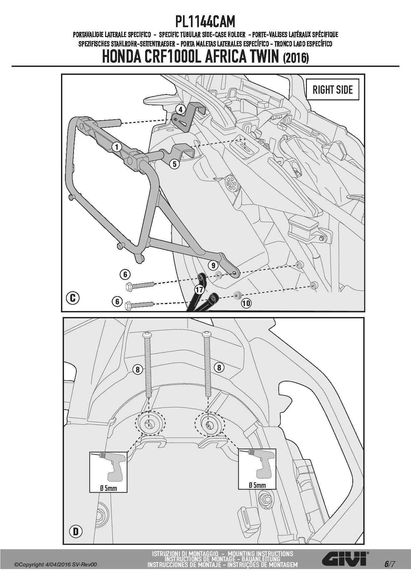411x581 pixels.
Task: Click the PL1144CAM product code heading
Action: pyautogui.click(x=205, y=22)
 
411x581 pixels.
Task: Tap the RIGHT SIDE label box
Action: pyautogui.click(x=332, y=89)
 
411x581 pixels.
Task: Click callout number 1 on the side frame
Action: pyautogui.click(x=116, y=146)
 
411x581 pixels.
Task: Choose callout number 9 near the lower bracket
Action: pyautogui.click(x=213, y=265)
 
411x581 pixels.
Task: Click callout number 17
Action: pyautogui.click(x=199, y=290)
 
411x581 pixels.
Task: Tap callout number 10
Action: pyautogui.click(x=246, y=303)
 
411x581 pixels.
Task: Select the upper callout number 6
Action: pyautogui.click(x=125, y=274)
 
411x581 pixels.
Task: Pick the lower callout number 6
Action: pyautogui.click(x=117, y=302)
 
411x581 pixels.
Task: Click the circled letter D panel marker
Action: pyautogui.click(x=76, y=532)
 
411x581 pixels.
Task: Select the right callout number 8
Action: pyautogui.click(x=219, y=367)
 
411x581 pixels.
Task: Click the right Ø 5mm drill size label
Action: pyautogui.click(x=257, y=485)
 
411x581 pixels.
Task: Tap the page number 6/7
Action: pyautogui.click(x=389, y=564)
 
